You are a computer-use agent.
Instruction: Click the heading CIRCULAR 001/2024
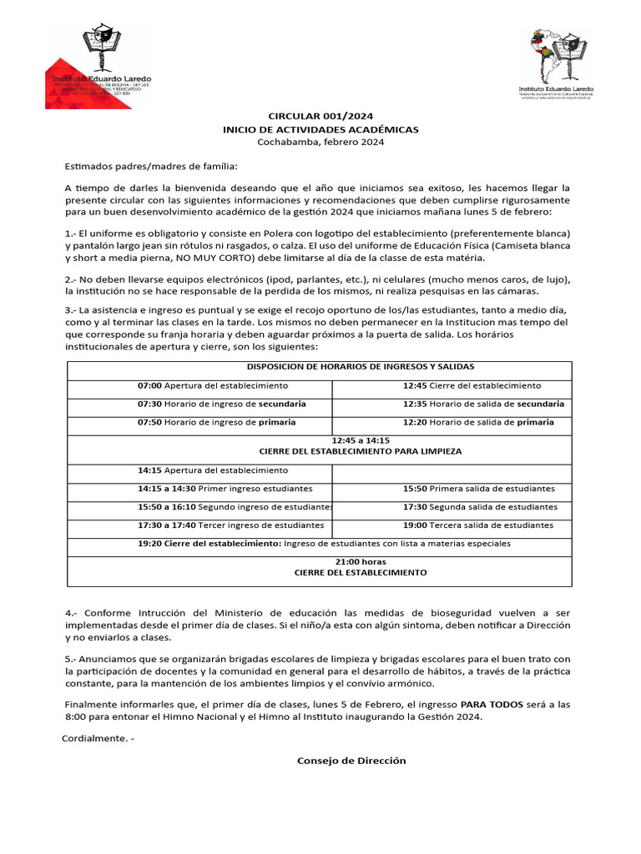coord(320,118)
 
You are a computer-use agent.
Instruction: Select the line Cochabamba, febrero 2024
coord(320,143)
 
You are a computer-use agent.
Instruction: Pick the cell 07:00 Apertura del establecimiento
coord(213,386)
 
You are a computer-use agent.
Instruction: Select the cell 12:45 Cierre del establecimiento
coord(472,386)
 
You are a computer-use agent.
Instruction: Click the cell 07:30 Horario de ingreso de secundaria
coord(221,404)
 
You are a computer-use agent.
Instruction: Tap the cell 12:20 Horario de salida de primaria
coord(478,422)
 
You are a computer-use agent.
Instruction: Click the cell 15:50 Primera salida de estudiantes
coord(478,489)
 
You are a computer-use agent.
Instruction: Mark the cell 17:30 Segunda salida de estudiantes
coord(480,507)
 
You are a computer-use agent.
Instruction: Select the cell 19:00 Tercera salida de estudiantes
coord(477,525)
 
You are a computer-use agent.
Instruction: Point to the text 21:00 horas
coord(361,561)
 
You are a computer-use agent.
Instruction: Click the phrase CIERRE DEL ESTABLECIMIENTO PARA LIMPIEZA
coord(361,451)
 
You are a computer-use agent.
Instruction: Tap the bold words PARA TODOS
coord(492,705)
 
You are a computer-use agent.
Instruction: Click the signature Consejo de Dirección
coord(351,761)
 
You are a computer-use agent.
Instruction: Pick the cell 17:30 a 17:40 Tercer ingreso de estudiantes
coord(230,525)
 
